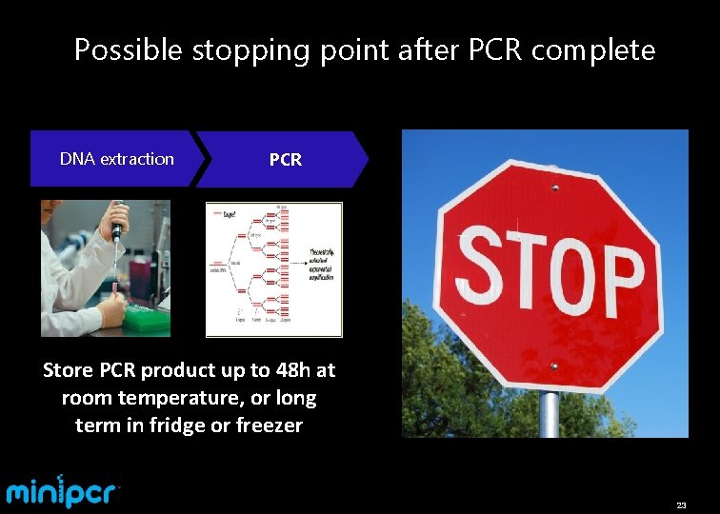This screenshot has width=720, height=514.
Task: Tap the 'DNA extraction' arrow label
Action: coord(116,159)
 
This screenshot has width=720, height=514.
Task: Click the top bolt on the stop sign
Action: coord(554,188)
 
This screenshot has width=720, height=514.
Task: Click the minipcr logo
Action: coord(63,492)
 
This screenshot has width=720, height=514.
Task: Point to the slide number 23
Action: coord(681,504)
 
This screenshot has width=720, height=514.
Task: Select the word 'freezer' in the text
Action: coord(270,425)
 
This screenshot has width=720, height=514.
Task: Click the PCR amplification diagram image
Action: coord(274,269)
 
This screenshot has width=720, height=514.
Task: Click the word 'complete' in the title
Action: coord(593,50)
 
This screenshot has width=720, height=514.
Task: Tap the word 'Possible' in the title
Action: coord(128,49)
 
